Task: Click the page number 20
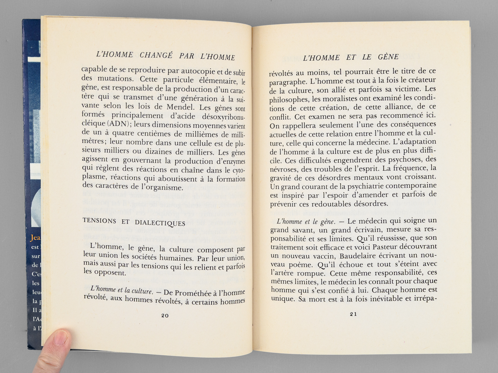tap(165, 315)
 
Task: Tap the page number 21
tap(353, 314)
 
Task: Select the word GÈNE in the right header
tap(388, 57)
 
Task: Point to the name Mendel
tap(179, 107)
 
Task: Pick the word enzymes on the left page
tap(233, 162)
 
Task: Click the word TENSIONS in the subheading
tap(99, 221)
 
